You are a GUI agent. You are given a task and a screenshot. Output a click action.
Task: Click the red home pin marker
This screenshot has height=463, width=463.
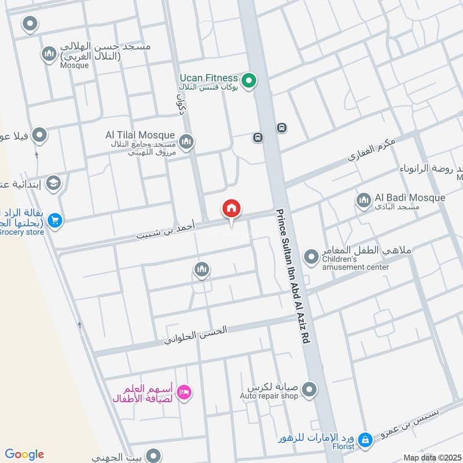tap(231, 209)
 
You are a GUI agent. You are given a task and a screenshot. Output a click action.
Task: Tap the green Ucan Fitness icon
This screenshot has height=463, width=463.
tap(249, 80)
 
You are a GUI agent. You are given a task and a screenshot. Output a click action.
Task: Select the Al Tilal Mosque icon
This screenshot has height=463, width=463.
tap(186, 141)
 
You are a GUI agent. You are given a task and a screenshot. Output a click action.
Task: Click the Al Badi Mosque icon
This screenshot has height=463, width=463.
tap(363, 201)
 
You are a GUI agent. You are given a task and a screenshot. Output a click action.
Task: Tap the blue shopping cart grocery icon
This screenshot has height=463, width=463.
tap(55, 221)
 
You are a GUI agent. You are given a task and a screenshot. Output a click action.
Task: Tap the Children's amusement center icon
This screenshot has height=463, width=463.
tap(311, 255)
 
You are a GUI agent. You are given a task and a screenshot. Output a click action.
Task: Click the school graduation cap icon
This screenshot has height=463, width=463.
tap(53, 183)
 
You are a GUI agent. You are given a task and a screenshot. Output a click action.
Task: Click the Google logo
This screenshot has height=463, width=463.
tap(24, 454)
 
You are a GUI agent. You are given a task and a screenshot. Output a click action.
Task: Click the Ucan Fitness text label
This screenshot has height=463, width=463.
tap(208, 78)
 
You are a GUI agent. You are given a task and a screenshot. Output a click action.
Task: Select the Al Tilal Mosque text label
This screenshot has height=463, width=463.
tap(139, 135)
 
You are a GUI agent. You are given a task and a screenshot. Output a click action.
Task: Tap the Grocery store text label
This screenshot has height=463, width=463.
tap(22, 232)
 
